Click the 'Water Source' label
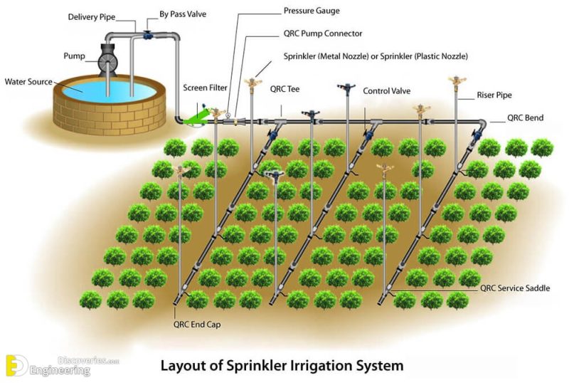click(x=28, y=82)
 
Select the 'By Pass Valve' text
click(x=183, y=14)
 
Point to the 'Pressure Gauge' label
click(x=312, y=11)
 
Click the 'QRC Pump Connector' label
click(x=323, y=33)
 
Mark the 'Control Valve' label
click(x=386, y=91)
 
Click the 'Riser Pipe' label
click(x=494, y=95)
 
